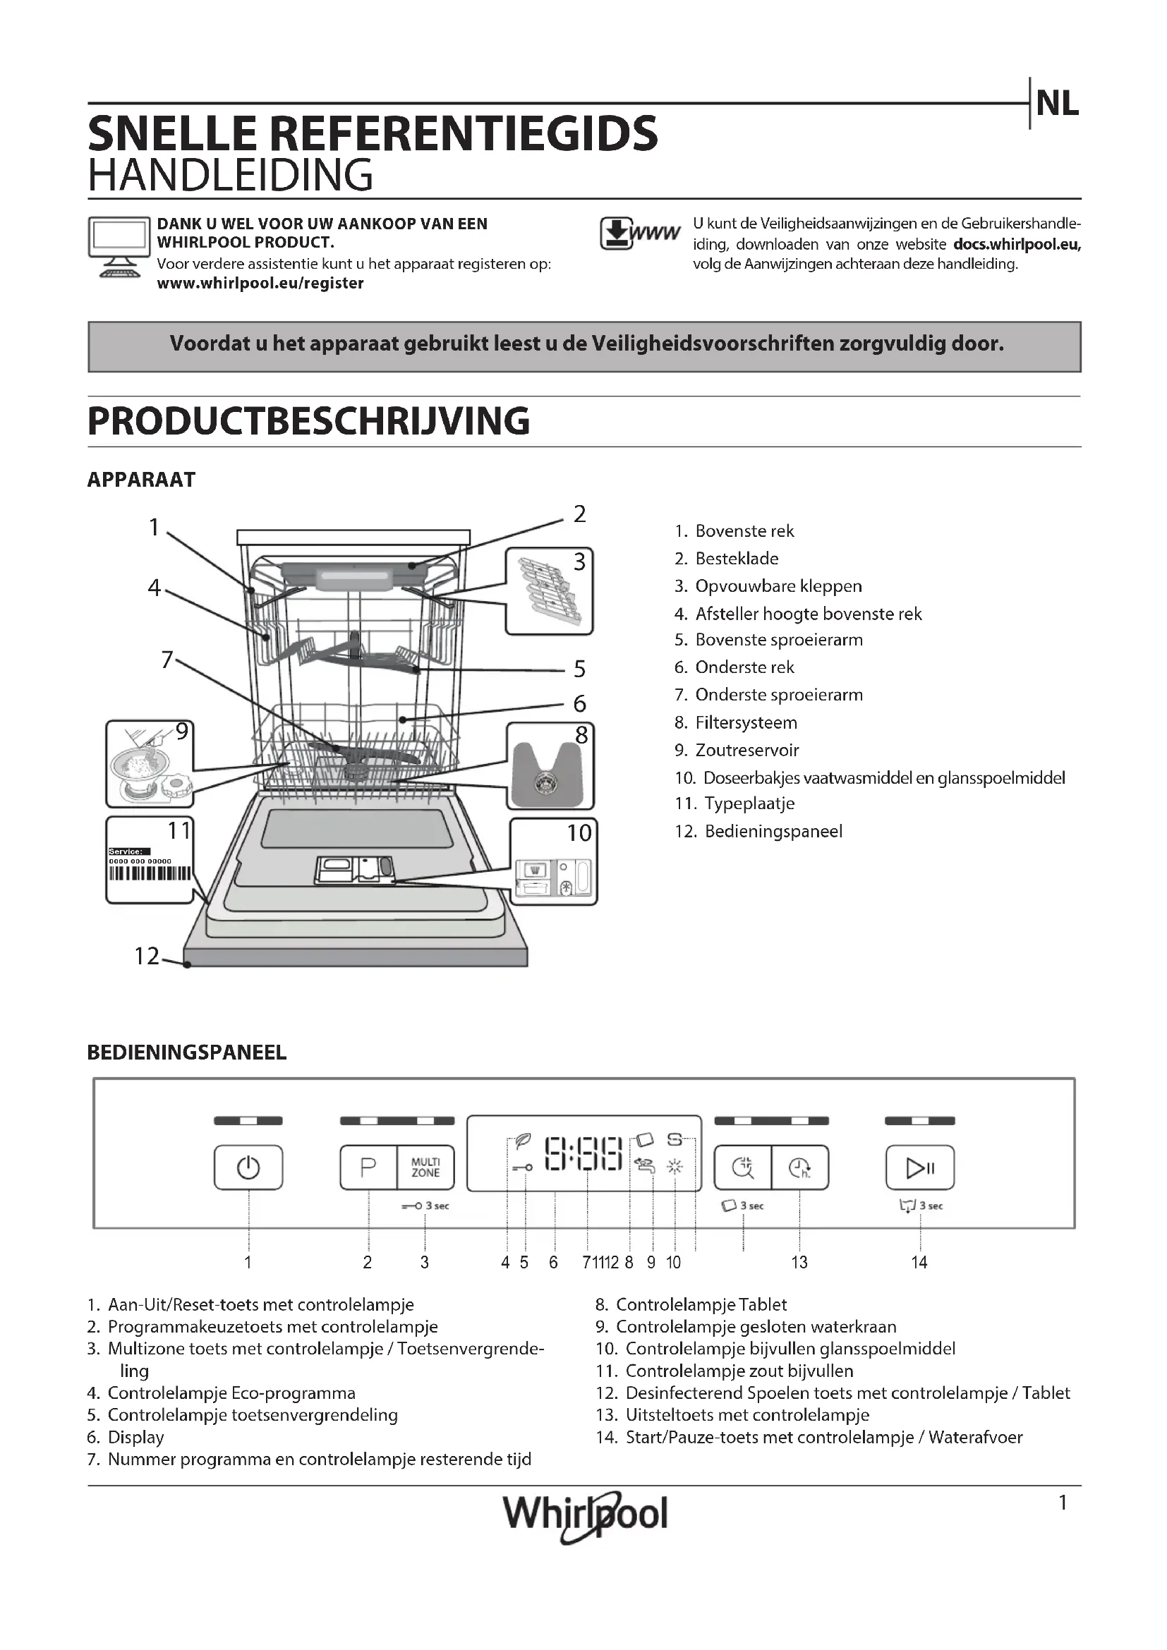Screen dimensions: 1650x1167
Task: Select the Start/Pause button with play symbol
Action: [x=920, y=1167]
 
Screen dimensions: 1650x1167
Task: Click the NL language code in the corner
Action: [x=1057, y=104]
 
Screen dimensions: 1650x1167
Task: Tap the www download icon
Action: [x=639, y=233]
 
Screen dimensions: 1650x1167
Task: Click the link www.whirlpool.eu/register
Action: [x=260, y=283]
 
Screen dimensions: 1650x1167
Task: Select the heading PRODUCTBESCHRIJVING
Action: [x=308, y=421]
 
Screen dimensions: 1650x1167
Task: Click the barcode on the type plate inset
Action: [x=150, y=873]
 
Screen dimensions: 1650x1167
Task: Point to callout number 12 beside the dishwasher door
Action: [x=147, y=956]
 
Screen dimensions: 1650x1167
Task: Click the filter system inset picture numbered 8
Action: [x=550, y=768]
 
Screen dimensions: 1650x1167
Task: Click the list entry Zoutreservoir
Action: [x=746, y=751]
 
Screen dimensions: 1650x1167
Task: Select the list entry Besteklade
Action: [x=737, y=559]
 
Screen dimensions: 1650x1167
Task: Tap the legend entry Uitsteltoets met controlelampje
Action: [x=747, y=1415]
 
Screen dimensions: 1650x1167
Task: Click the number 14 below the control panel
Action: [x=919, y=1263]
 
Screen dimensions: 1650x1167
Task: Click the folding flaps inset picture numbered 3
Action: [x=549, y=590]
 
